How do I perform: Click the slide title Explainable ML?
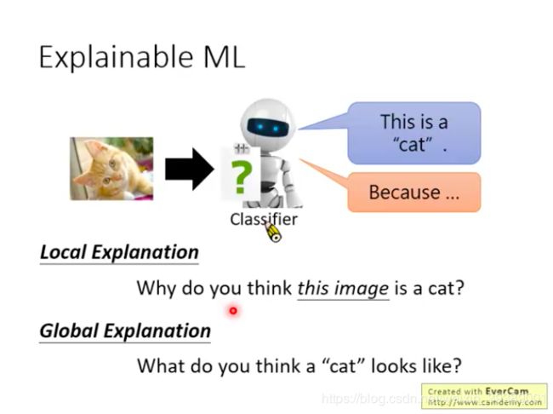click(142, 58)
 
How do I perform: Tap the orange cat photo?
click(111, 169)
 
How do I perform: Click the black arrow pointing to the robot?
click(190, 170)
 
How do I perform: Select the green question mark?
click(242, 177)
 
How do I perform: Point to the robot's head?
click(268, 121)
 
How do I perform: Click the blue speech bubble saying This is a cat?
click(414, 133)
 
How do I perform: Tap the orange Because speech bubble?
click(414, 193)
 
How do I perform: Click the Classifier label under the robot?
click(264, 220)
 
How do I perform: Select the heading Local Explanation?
click(119, 252)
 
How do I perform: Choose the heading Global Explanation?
click(125, 331)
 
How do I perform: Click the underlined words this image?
click(343, 289)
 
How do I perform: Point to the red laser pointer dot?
click(233, 311)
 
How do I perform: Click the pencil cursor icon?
click(272, 232)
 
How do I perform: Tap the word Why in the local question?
click(157, 288)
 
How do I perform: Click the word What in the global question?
click(161, 365)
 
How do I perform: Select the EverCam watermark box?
click(484, 396)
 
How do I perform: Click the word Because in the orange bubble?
click(404, 193)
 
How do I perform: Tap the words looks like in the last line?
click(416, 365)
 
